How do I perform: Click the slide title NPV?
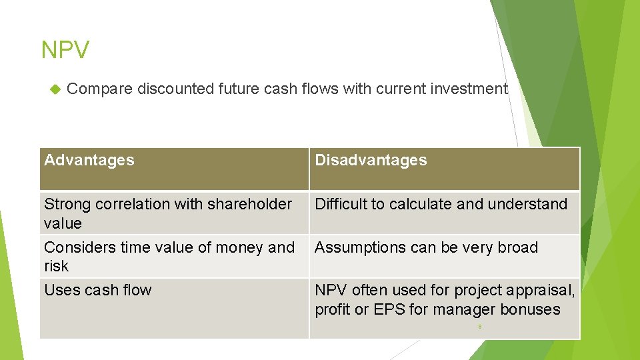coord(65,50)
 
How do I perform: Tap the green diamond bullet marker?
coord(55,89)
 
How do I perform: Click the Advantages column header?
coord(89,160)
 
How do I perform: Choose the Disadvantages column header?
coord(371,160)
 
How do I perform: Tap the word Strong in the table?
coord(67,204)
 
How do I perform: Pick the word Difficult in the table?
coord(341,204)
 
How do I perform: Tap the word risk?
coord(56,266)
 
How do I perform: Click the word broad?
coord(517,247)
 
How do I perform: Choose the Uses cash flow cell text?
coord(98,290)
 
